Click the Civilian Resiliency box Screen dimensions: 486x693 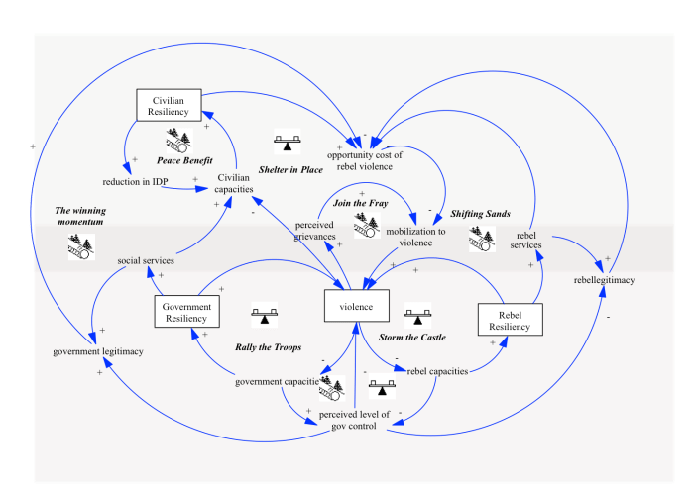tap(169, 106)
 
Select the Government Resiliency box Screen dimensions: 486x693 tap(186, 313)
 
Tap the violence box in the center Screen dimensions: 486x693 tap(356, 307)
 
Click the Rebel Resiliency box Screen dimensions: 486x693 tap(510, 320)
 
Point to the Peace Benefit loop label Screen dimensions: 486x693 tap(184, 160)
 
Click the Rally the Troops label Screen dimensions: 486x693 tap(268, 347)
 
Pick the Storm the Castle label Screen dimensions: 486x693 tap(411, 338)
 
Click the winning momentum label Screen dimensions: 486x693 tap(80, 216)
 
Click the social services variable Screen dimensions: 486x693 tap(146, 261)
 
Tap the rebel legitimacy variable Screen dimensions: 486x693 tap(604, 280)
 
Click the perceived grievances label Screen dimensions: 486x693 tap(314, 231)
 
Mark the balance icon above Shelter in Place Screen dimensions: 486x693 tap(288, 142)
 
